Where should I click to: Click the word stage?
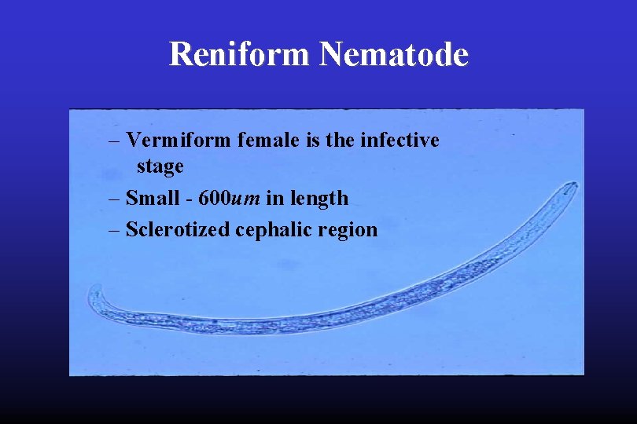(160, 167)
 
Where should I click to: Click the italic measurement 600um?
(230, 198)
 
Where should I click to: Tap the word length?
(318, 198)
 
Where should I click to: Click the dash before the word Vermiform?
(115, 141)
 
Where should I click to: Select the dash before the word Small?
(115, 199)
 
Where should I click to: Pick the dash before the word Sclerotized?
(115, 231)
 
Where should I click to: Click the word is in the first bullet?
(307, 141)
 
